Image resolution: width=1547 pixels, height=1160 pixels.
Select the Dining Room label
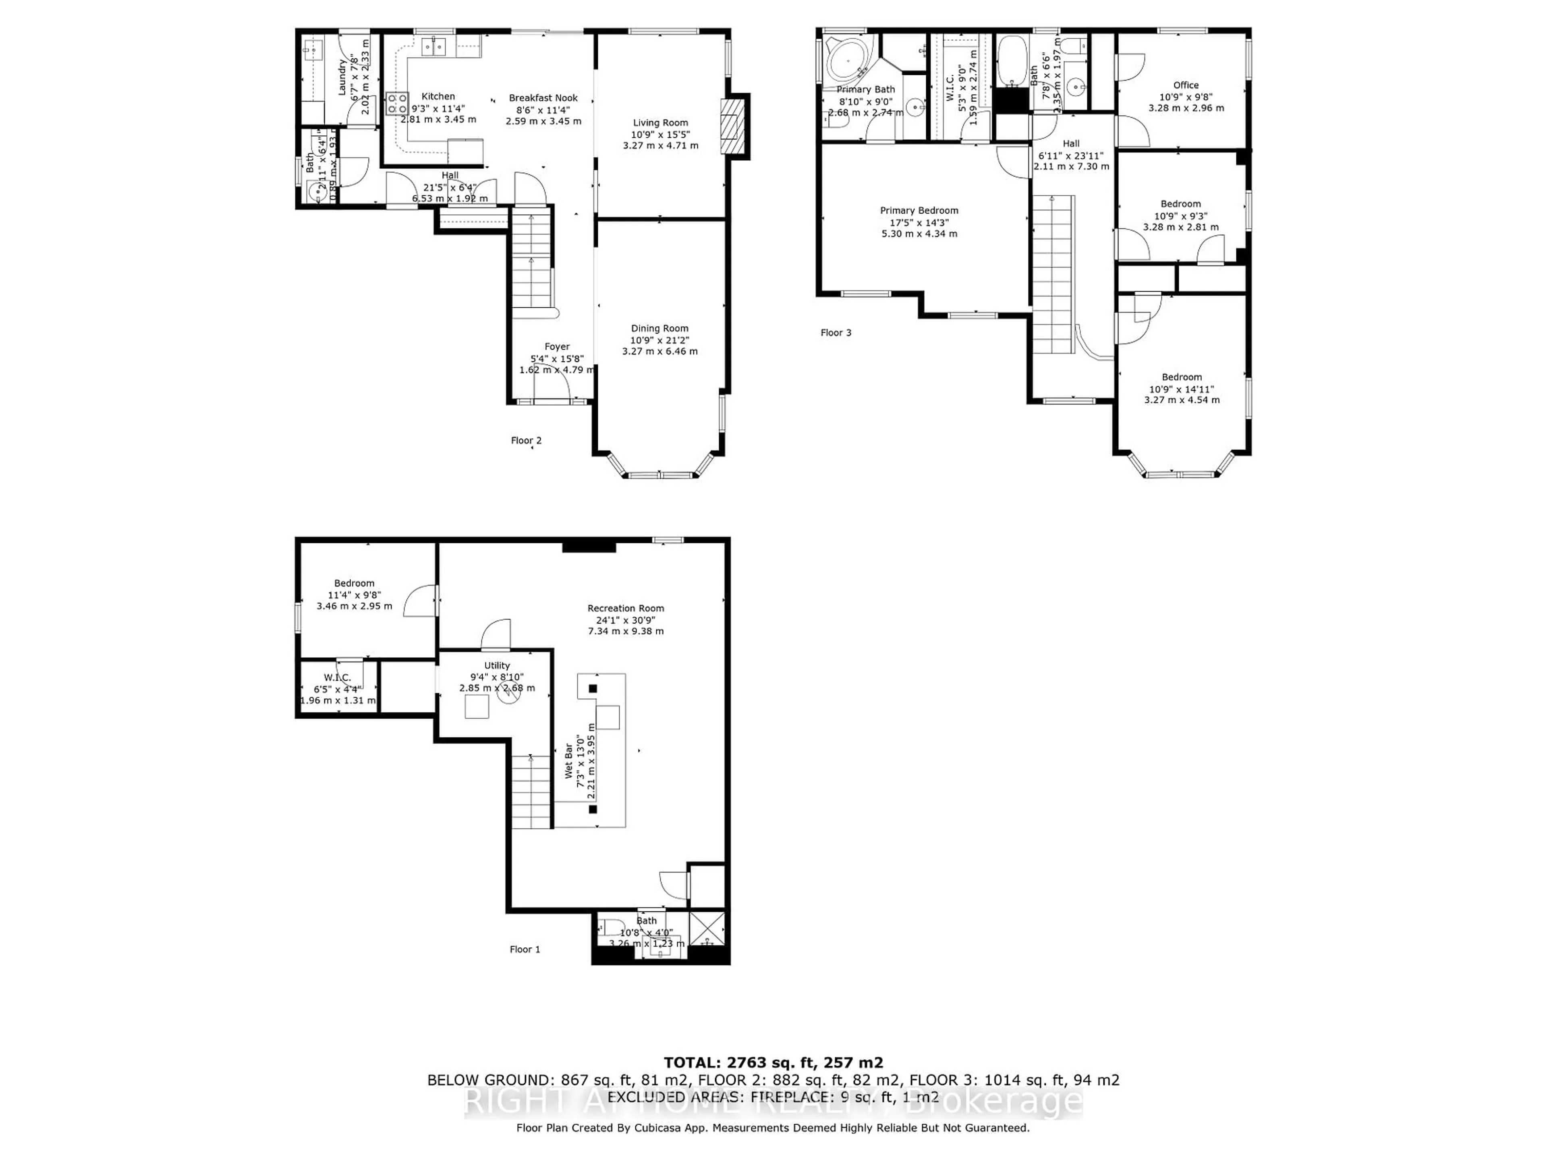(659, 328)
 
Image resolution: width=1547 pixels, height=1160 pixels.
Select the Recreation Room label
(625, 608)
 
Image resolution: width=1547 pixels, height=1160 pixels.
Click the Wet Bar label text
(568, 761)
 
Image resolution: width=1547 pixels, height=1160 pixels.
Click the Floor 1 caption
(525, 949)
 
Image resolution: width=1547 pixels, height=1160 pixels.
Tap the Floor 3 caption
(836, 333)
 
